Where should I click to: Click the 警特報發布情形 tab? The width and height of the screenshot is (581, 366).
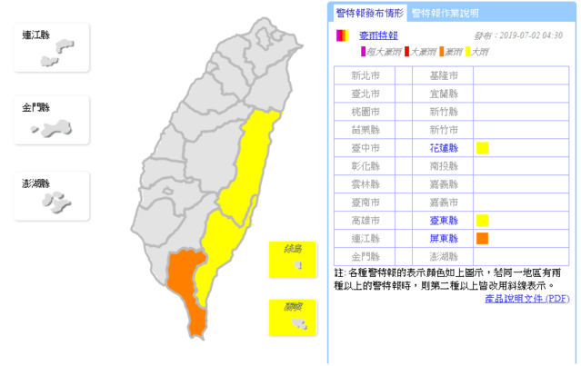tap(368, 13)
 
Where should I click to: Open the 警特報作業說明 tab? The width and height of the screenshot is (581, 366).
tap(445, 13)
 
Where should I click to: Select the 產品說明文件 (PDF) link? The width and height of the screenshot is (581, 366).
tap(527, 298)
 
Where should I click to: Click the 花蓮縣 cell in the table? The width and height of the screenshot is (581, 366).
tap(443, 148)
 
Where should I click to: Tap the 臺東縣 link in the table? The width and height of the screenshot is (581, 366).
tap(443, 220)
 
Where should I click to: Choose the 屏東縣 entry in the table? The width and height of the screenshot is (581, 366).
tap(443, 238)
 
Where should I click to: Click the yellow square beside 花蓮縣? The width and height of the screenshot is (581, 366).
tap(482, 148)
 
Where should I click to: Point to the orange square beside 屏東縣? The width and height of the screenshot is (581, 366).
tap(482, 239)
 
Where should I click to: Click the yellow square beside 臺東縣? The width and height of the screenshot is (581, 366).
tap(482, 220)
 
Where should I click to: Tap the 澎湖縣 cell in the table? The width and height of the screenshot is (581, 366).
tap(443, 256)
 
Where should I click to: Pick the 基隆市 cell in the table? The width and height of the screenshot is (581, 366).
tap(443, 76)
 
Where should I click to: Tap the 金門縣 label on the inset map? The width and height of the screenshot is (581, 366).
tap(35, 108)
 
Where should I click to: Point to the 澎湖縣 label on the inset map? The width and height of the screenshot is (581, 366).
tap(35, 184)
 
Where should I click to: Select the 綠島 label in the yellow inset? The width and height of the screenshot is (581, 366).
tap(292, 248)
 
